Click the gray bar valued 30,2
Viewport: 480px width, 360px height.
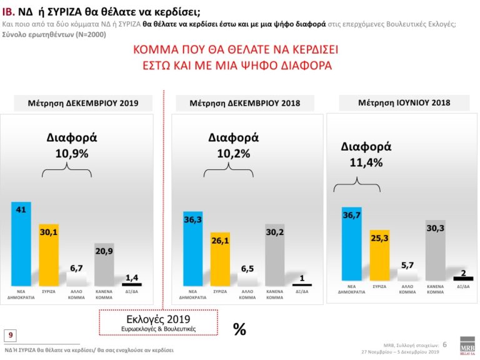(274, 254)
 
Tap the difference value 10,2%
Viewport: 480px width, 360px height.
(233, 153)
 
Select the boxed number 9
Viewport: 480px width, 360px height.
(11, 335)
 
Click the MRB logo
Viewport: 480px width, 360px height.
(467, 347)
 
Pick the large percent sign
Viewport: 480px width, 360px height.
(239, 329)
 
